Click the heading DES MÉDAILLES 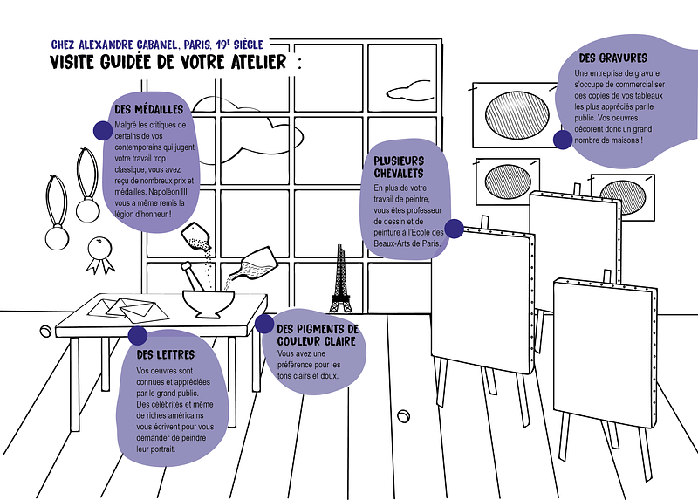tap(148, 109)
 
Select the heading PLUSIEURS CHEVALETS tap(399, 167)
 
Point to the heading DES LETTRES tap(165, 355)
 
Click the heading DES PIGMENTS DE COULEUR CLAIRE tap(317, 333)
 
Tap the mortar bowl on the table tap(208, 301)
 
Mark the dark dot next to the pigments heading tap(263, 324)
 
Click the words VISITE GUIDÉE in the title tap(109, 63)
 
